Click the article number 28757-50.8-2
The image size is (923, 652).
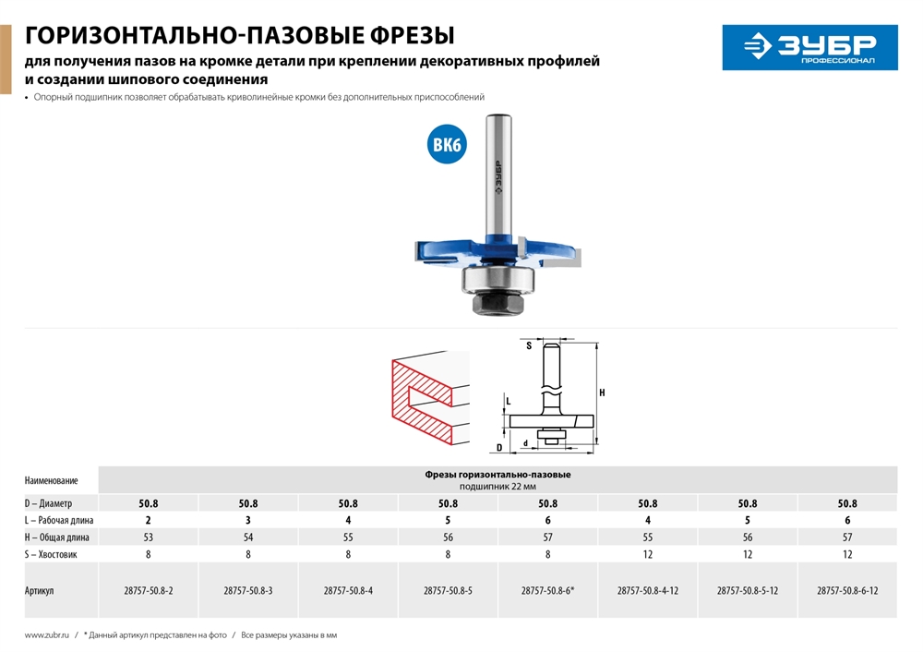coord(149,590)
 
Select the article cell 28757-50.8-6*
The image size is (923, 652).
coord(547,590)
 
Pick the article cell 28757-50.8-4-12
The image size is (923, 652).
coord(647,590)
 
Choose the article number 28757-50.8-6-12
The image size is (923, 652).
coord(847,590)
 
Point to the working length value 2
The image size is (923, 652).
coord(149,521)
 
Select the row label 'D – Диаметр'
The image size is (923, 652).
coord(48,504)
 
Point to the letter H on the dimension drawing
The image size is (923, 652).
coord(602,393)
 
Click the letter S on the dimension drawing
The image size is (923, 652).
coord(529,346)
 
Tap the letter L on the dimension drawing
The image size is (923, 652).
coord(507,402)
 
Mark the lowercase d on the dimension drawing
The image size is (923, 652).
coord(524,443)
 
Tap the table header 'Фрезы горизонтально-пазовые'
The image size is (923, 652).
coord(497,474)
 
